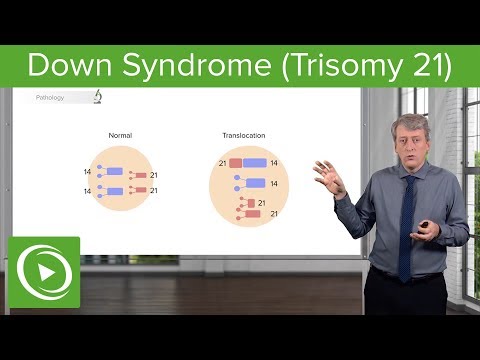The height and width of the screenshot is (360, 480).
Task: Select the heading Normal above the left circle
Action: click(122, 136)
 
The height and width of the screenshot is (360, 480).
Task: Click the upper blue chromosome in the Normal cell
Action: click(116, 172)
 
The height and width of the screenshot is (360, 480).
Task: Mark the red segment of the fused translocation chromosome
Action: click(236, 162)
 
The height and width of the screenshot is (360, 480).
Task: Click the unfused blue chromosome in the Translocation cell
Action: click(254, 183)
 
